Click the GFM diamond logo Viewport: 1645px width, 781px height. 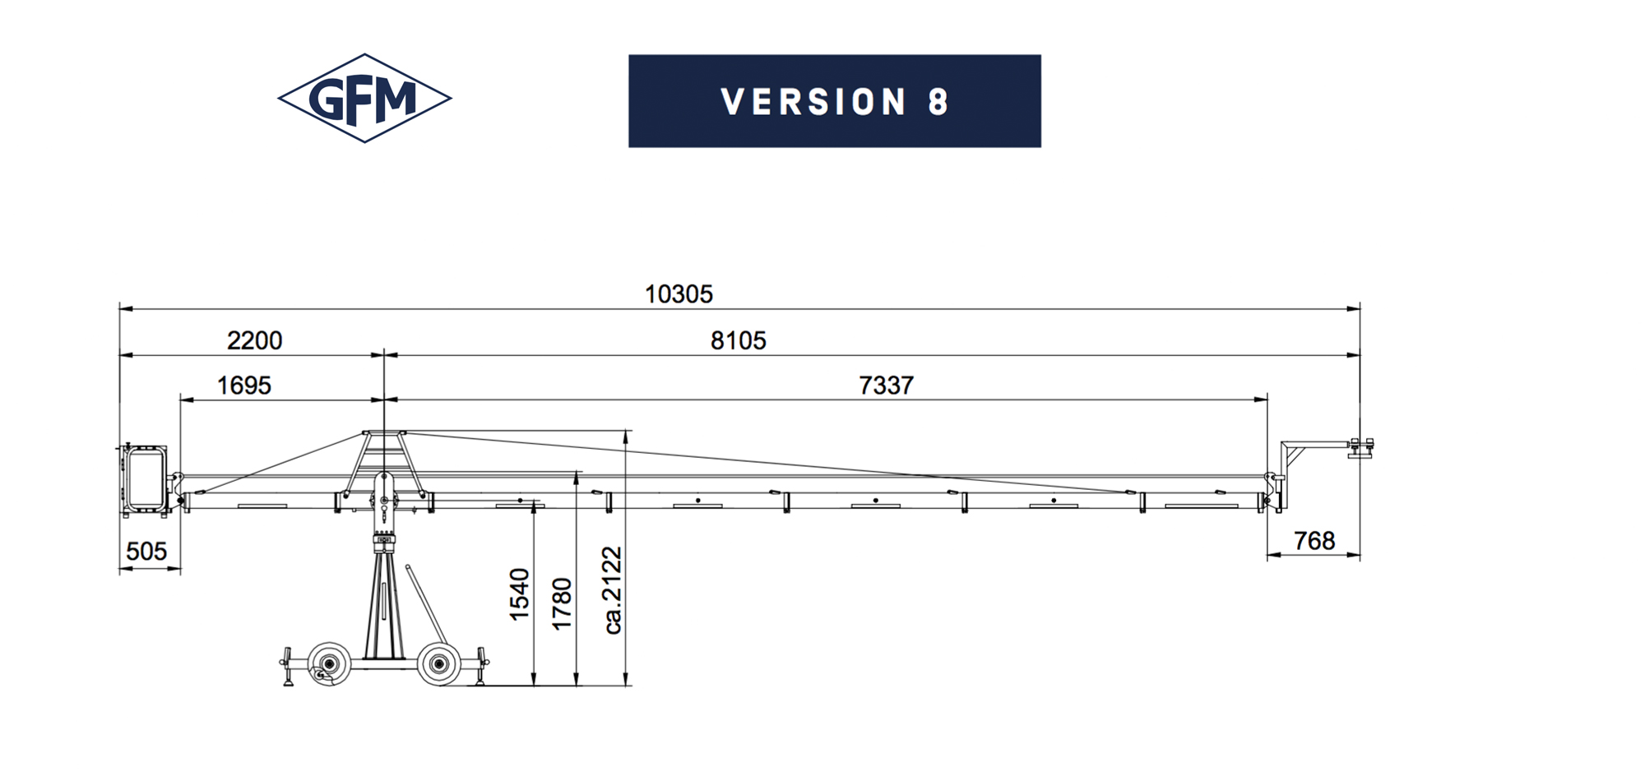click(364, 99)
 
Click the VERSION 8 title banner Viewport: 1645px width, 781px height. click(835, 101)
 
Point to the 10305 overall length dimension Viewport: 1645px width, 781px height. click(679, 293)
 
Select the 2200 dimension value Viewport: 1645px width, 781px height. click(254, 340)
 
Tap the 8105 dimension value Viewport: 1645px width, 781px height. click(738, 340)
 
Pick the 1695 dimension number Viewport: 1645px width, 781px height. click(243, 385)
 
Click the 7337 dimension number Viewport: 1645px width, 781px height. click(886, 385)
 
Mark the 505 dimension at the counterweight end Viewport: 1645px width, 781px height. click(146, 551)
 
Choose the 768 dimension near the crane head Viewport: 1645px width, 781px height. click(1314, 540)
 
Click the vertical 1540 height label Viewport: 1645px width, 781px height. click(519, 594)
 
